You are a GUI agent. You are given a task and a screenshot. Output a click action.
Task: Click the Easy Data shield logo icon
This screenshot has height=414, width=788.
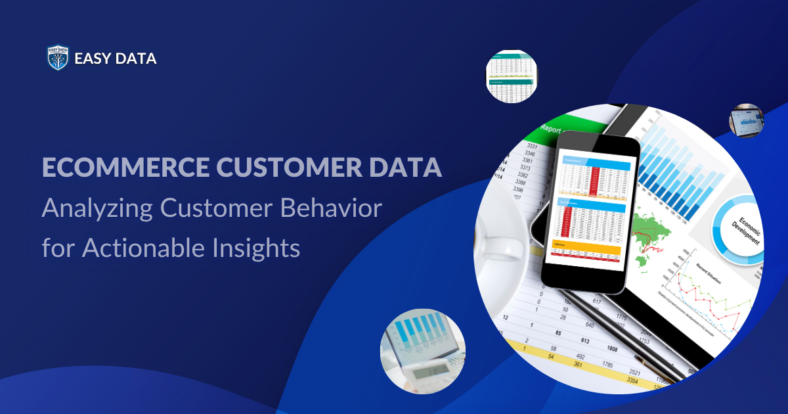point(58,58)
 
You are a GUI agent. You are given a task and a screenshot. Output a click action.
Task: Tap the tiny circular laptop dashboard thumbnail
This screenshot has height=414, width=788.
point(745,121)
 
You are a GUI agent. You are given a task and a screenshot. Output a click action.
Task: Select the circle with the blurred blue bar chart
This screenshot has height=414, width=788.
point(422,351)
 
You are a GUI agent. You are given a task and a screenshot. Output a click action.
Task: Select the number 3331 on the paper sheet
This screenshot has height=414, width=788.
point(533,146)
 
